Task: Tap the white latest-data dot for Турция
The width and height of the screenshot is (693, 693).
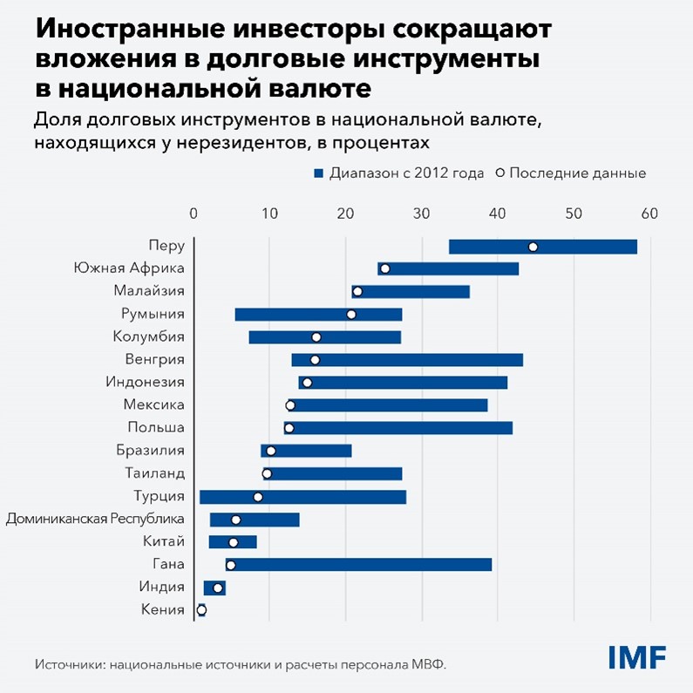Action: tap(257, 497)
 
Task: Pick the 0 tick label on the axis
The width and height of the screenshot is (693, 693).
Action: tap(194, 213)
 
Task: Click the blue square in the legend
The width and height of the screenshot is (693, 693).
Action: tap(318, 173)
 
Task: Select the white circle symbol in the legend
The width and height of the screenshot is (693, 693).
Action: tap(499, 173)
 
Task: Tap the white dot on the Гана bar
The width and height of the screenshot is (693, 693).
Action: tap(230, 565)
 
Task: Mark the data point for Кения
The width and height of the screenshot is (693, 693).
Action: tap(201, 610)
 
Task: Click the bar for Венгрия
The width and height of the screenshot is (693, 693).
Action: tap(418, 360)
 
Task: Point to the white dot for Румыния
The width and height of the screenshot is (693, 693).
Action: tap(351, 314)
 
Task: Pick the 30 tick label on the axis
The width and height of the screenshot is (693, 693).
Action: tap(422, 213)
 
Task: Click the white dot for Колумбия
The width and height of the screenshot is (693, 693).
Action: tap(316, 337)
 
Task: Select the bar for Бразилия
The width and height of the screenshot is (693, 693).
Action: tap(314, 451)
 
